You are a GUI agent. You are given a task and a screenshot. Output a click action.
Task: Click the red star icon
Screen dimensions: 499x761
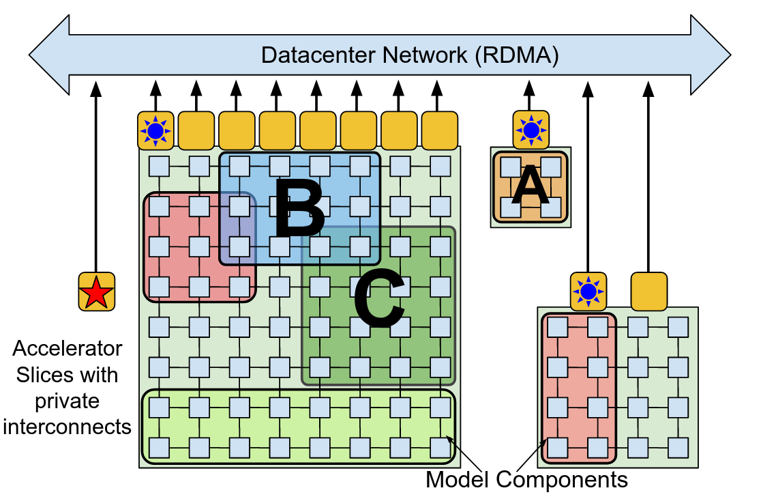pyautogui.click(x=96, y=292)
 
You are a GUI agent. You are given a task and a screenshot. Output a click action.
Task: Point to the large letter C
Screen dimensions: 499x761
pyautogui.click(x=378, y=299)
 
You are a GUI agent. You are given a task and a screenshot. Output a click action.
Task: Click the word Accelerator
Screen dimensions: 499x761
pyautogui.click(x=68, y=349)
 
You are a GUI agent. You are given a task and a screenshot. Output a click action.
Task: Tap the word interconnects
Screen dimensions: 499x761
pyautogui.click(x=67, y=427)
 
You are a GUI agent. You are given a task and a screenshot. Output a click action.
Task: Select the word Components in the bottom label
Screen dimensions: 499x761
pyautogui.click(x=561, y=480)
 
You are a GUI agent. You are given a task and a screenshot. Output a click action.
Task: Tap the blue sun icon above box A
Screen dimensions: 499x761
pyautogui.click(x=531, y=129)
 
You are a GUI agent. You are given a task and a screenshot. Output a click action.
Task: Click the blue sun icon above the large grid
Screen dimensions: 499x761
pyautogui.click(x=156, y=130)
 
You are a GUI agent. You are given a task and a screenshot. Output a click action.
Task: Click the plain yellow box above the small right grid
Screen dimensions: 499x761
pyautogui.click(x=648, y=291)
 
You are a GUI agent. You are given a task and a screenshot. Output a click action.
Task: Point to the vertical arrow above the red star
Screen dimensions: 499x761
pyautogui.click(x=96, y=177)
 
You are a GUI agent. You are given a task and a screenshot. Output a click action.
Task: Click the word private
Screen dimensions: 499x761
pyautogui.click(x=68, y=401)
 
